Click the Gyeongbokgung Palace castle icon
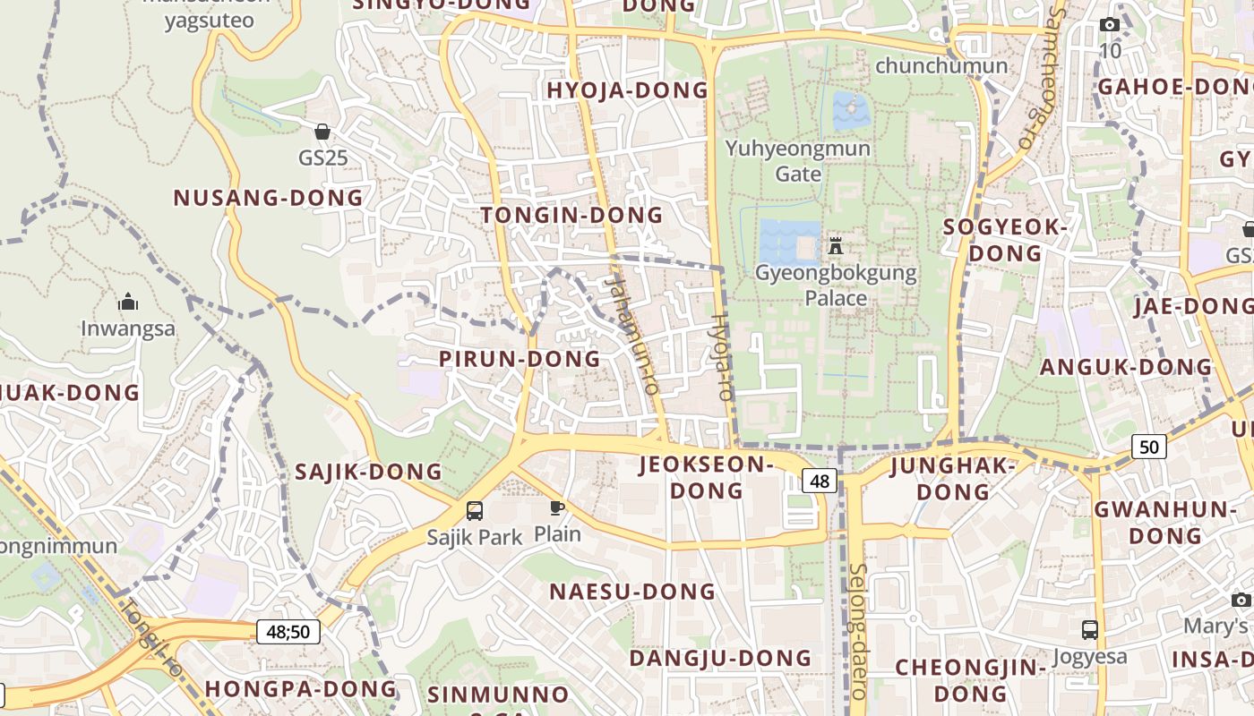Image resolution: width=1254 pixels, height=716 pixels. pyautogui.click(x=836, y=245)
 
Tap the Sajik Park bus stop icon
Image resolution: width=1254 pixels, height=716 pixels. pyautogui.click(x=475, y=511)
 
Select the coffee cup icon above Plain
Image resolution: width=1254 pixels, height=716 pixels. pyautogui.click(x=557, y=508)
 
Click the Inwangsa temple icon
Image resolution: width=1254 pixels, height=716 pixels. pyautogui.click(x=128, y=302)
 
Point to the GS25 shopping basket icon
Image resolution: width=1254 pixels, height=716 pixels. pyautogui.click(x=322, y=132)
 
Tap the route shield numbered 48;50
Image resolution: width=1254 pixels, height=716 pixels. pyautogui.click(x=288, y=632)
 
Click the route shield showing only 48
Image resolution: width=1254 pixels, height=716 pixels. pyautogui.click(x=820, y=481)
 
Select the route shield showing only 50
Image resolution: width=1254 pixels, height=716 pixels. pyautogui.click(x=1149, y=446)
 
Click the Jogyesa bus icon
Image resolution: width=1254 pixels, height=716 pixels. pyautogui.click(x=1089, y=630)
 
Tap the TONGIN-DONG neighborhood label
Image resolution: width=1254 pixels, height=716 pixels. pyautogui.click(x=571, y=215)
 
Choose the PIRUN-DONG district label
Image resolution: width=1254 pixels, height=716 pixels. pyautogui.click(x=520, y=359)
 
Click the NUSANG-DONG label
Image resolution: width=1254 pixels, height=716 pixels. pyautogui.click(x=268, y=198)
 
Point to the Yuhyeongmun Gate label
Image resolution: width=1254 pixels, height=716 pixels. pyautogui.click(x=798, y=160)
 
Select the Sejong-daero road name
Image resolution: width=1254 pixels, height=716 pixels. pyautogui.click(x=857, y=631)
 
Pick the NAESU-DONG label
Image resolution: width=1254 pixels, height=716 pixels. pyautogui.click(x=632, y=592)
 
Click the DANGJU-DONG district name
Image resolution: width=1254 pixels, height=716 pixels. pyautogui.click(x=720, y=659)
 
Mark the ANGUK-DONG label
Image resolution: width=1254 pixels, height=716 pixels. pyautogui.click(x=1125, y=367)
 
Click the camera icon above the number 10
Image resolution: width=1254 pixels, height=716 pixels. pyautogui.click(x=1109, y=25)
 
